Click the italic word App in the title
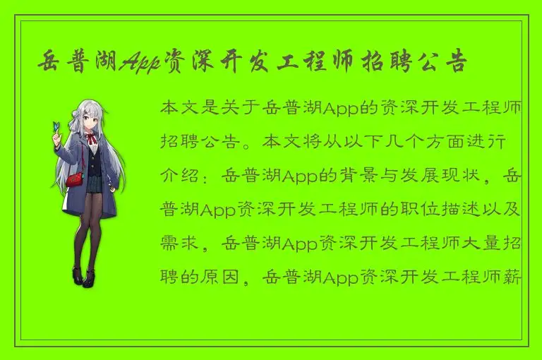140,64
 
